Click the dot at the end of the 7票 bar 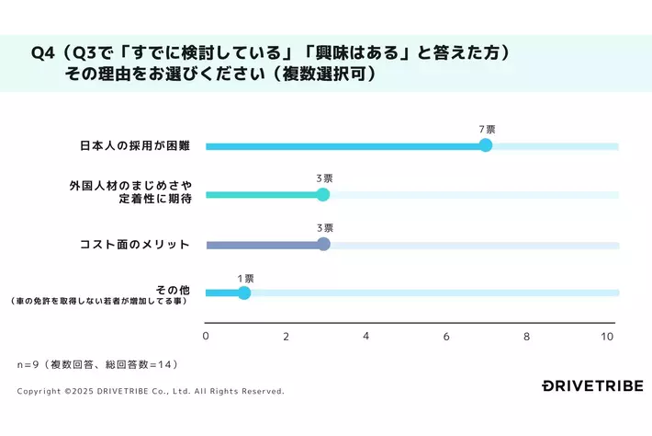point(486,145)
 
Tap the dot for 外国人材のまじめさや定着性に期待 point(322,194)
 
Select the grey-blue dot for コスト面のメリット point(323,244)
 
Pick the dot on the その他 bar point(243,293)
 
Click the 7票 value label point(487,130)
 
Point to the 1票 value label point(245,277)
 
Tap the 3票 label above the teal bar point(324,178)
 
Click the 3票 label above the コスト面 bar point(324,227)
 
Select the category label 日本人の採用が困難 point(134,146)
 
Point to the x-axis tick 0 point(206,336)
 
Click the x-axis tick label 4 point(366,336)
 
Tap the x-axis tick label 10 point(607,336)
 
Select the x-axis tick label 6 point(446,336)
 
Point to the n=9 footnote point(96,364)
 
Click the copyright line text point(151,391)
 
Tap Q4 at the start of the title point(42,53)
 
